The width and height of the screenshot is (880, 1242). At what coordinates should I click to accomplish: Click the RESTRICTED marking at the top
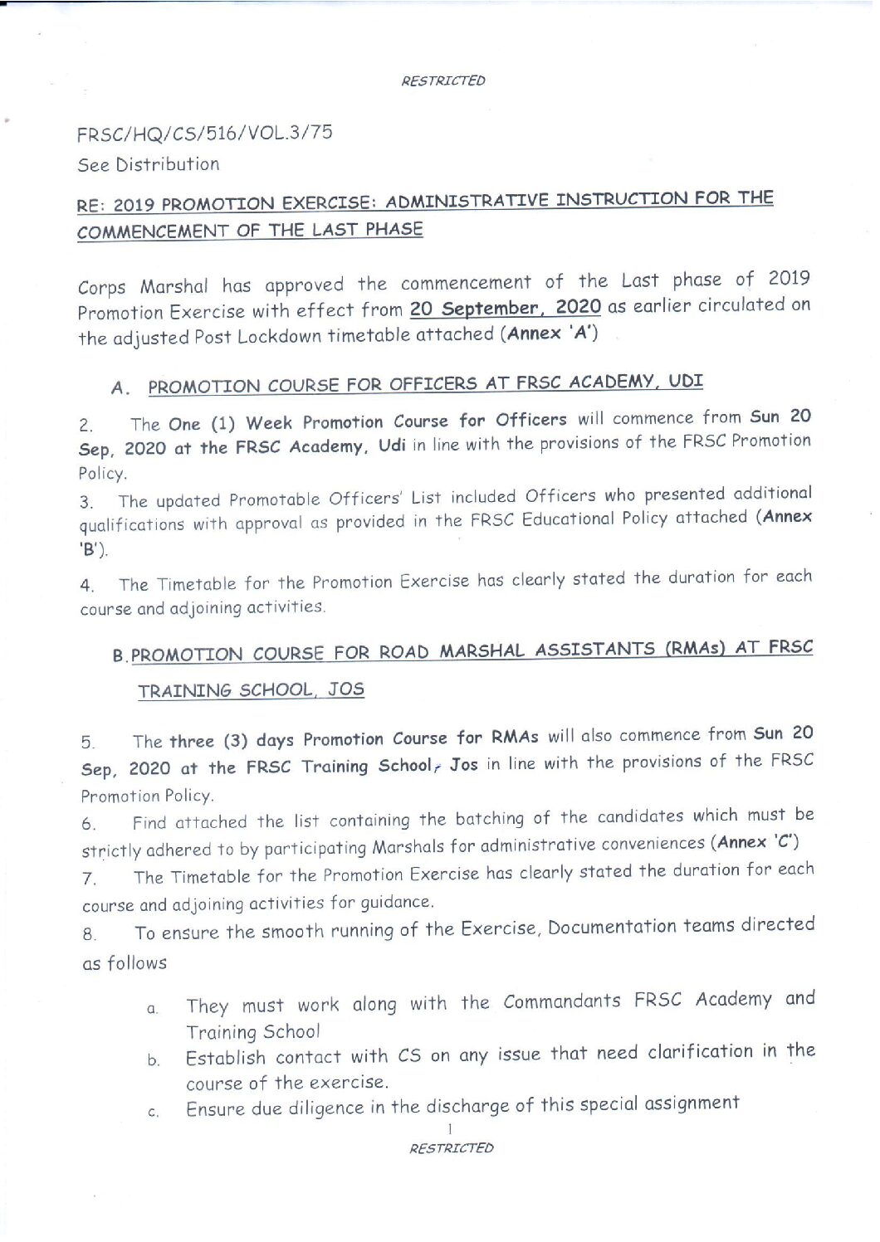443,81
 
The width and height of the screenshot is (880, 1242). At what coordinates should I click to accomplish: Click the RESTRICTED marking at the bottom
452,1148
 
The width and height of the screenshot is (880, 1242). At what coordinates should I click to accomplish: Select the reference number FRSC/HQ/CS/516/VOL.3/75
205,133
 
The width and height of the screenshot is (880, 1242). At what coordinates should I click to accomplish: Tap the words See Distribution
149,164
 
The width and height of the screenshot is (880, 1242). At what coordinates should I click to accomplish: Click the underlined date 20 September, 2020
506,309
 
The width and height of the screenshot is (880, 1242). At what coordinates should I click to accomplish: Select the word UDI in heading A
686,382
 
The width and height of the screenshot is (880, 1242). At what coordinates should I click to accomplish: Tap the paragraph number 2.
86,426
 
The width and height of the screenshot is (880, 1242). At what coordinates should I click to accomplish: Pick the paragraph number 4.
86,586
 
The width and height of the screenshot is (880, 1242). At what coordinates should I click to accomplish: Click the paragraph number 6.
89,825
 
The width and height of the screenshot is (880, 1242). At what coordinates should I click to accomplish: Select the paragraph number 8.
90,935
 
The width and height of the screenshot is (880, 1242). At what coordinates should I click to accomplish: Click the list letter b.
154,1061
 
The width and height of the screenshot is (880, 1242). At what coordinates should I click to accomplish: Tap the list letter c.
153,1113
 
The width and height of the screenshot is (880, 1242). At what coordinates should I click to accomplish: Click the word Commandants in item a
562,1002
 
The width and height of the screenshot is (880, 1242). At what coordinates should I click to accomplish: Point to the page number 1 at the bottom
449,1129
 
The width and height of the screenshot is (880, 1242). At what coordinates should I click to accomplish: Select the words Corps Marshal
143,287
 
